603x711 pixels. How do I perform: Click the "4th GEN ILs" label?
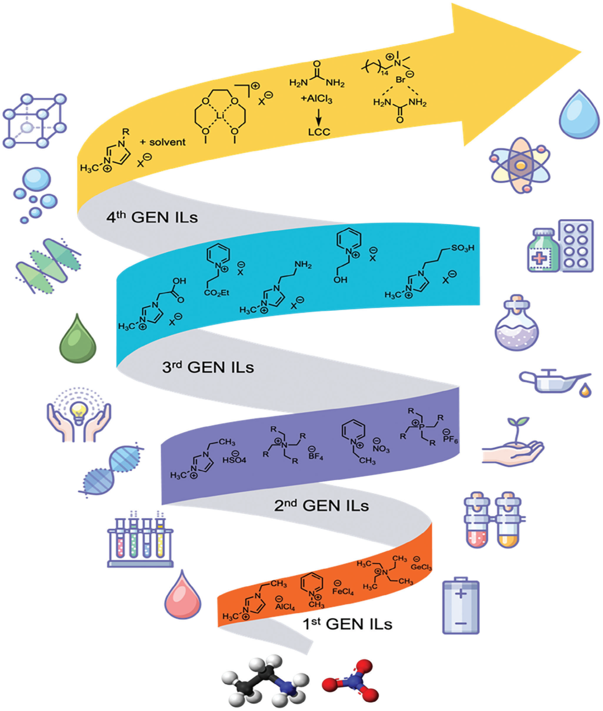click(x=152, y=217)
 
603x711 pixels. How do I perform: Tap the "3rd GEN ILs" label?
click(x=208, y=367)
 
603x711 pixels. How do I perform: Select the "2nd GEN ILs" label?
click(x=321, y=505)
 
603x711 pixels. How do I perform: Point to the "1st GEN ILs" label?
click(x=347, y=623)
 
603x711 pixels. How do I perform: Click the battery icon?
click(x=461, y=606)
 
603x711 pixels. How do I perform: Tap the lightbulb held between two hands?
click(x=78, y=414)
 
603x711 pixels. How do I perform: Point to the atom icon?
click(x=520, y=165)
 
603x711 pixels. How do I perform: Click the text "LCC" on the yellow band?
click(x=319, y=132)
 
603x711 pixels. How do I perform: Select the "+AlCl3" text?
click(x=316, y=99)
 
